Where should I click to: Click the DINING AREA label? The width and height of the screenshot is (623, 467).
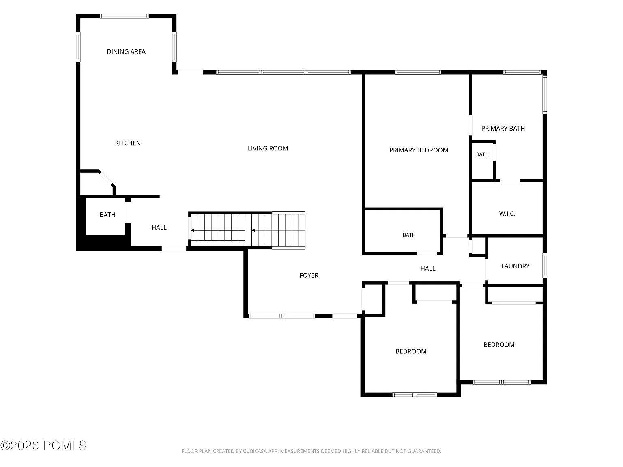[126, 51]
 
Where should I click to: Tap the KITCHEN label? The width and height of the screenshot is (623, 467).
[128, 143]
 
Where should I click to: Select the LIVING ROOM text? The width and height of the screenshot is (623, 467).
[268, 148]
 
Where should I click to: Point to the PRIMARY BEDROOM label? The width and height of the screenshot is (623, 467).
[419, 150]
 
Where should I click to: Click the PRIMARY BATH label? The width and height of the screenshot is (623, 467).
[503, 129]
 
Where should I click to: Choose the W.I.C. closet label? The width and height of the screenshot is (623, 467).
[507, 214]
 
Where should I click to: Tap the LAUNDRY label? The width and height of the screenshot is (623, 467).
[515, 266]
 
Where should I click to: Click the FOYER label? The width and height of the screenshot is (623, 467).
[309, 275]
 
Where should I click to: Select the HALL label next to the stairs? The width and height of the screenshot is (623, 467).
[159, 228]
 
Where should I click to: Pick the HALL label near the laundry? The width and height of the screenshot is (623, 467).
[428, 268]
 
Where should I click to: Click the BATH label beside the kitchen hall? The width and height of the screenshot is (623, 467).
[107, 215]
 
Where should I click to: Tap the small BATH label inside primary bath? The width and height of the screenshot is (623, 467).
[482, 154]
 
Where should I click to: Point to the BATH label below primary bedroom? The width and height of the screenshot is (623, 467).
[409, 235]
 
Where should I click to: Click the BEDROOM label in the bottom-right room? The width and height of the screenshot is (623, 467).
[499, 345]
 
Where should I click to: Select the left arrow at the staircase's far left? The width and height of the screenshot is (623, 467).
[193, 230]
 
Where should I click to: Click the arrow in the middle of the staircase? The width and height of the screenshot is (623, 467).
[253, 230]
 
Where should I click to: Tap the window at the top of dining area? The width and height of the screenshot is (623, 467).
[124, 16]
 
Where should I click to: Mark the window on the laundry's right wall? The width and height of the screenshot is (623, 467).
[545, 266]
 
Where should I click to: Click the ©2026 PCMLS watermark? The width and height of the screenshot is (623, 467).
[43, 446]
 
